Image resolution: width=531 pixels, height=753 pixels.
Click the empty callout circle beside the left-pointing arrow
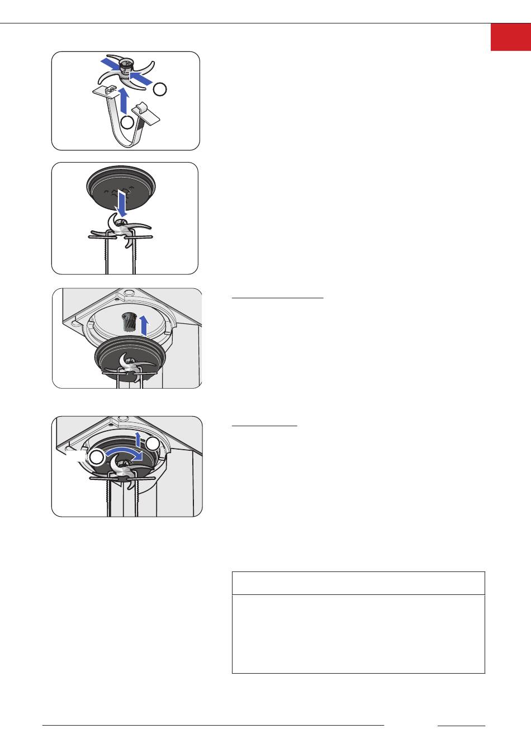point(160,88)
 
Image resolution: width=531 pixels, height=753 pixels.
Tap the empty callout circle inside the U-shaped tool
point(128,122)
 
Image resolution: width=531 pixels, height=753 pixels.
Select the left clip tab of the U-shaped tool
point(108,90)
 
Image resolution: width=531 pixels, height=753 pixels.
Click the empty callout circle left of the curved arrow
point(97,457)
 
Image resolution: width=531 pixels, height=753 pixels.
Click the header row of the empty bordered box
point(358,583)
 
